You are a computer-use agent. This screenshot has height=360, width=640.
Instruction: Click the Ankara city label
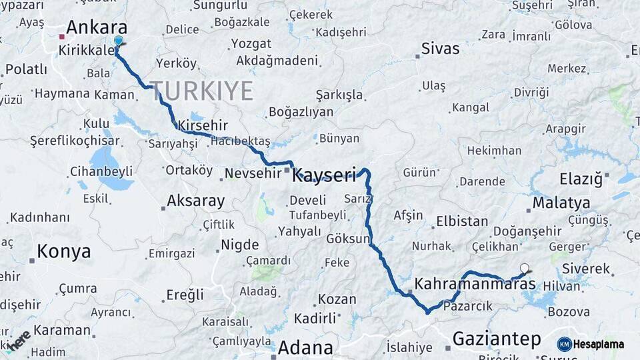[x=97, y=28]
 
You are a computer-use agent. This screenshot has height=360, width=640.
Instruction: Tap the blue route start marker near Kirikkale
[x=119, y=41]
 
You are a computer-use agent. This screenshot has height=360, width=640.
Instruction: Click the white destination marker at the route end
[x=524, y=269]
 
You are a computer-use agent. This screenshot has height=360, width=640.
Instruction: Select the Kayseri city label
[x=325, y=175]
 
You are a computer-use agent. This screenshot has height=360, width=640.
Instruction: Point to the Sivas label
[x=440, y=49]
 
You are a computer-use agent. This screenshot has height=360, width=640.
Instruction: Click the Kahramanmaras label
[x=475, y=284]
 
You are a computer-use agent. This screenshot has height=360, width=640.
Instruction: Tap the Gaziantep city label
[x=497, y=339]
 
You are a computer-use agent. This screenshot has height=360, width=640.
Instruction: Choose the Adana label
[x=305, y=347]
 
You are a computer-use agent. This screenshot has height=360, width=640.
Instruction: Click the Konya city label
[x=63, y=251]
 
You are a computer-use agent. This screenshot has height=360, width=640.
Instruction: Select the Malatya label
[x=561, y=203]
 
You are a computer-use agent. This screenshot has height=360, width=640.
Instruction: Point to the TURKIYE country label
[x=201, y=90]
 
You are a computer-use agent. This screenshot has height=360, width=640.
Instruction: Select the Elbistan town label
[x=462, y=221]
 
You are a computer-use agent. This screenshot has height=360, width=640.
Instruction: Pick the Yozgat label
[x=251, y=44]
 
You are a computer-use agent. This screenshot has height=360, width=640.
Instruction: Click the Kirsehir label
[x=203, y=125]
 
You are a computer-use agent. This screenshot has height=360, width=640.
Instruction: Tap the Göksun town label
[x=347, y=238]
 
